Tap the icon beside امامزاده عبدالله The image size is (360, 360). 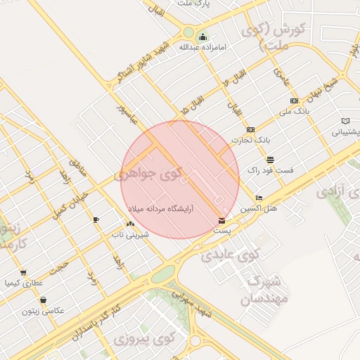[202, 37]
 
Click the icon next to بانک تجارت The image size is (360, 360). [251, 129]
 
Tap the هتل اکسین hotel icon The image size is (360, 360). [259, 198]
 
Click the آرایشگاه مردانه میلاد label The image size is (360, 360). [161, 210]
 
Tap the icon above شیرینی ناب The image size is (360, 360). [130, 224]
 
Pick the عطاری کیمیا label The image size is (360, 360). [24, 284]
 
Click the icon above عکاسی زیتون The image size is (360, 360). [44, 300]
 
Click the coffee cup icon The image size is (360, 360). [96, 220]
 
